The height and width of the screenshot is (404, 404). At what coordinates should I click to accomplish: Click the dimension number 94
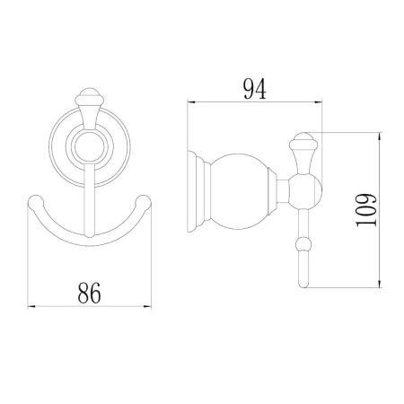(x=255, y=89)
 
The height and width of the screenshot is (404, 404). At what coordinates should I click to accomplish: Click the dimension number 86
(x=89, y=293)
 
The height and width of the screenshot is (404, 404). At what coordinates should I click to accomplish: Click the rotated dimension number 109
(x=366, y=210)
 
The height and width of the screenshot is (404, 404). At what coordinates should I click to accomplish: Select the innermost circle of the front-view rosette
(x=90, y=146)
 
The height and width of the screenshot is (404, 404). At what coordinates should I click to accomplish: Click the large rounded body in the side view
(x=240, y=191)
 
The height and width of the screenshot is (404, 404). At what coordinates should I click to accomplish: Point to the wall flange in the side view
(x=193, y=191)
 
